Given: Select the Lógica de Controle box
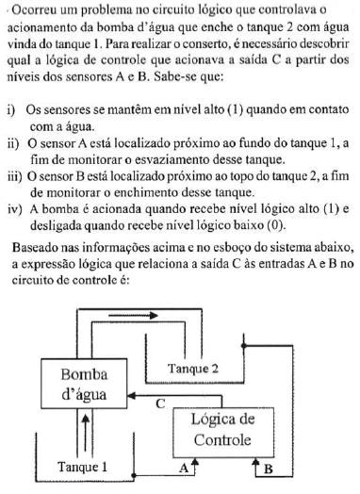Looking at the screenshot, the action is [221, 429].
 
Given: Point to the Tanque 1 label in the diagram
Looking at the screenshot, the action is [82, 466].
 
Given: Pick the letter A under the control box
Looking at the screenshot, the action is [183, 467].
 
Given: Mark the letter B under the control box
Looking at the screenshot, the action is [269, 467].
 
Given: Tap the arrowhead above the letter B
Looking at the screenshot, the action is [255, 462].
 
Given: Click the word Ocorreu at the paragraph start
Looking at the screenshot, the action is [33, 10].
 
